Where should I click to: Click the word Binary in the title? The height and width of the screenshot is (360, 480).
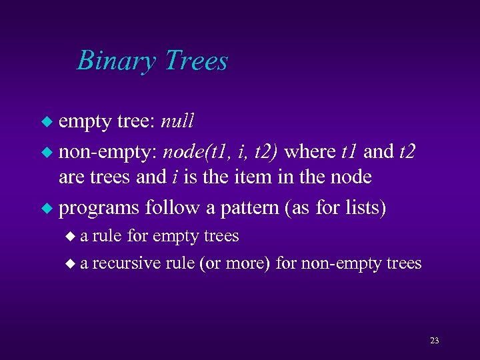tap(116, 61)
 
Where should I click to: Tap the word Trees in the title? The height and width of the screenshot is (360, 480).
tap(195, 61)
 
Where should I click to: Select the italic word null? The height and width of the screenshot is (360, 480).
tap(177, 121)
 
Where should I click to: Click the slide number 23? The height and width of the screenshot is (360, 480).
tap(434, 341)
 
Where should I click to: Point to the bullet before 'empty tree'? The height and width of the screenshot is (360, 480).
tap(46, 123)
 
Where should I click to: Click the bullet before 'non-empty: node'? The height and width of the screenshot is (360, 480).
tap(46, 152)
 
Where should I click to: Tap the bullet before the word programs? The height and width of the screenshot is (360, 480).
tap(46, 208)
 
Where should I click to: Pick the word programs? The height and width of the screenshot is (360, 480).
tap(97, 208)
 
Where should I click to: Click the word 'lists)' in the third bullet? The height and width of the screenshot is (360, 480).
tap(363, 207)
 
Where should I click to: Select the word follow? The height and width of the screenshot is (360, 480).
tap(171, 207)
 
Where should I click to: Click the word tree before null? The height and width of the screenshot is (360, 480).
tap(136, 121)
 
